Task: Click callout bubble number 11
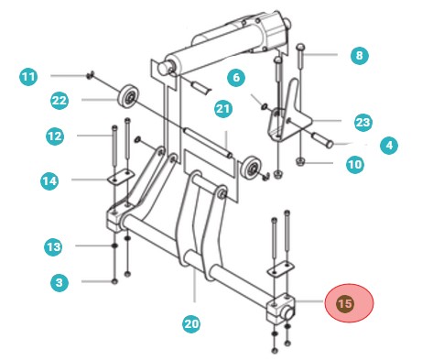[x=29, y=75]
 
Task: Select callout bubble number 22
[x=60, y=99]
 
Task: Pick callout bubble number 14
[x=51, y=181]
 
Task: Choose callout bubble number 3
[x=60, y=283]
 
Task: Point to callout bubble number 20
[x=191, y=322]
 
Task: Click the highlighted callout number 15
[x=344, y=304]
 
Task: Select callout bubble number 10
[x=354, y=165]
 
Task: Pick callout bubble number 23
[x=362, y=121]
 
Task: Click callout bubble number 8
[x=358, y=56]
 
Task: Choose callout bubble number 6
[x=235, y=80]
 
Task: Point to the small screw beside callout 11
[x=91, y=75]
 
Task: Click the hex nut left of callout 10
[x=301, y=164]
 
